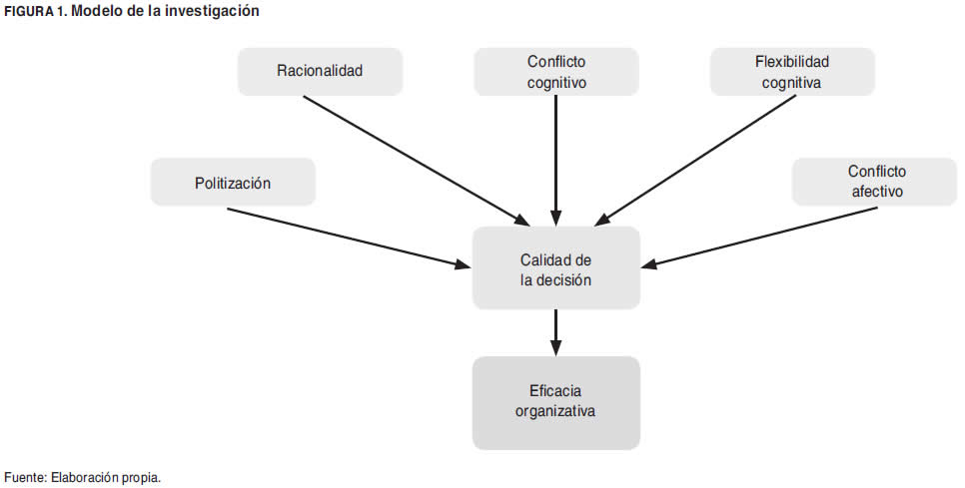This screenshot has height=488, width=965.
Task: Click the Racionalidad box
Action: click(x=320, y=72)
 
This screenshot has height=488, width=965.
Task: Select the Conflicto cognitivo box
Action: click(x=555, y=72)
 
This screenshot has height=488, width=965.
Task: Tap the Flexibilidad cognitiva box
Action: click(x=791, y=72)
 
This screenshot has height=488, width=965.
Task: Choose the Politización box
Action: click(x=232, y=184)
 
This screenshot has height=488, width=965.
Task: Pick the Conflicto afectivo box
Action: click(x=877, y=182)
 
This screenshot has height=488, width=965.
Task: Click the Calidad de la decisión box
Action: click(x=555, y=269)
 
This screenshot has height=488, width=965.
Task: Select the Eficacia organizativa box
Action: click(x=555, y=400)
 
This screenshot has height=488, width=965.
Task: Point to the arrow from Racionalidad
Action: click(x=415, y=160)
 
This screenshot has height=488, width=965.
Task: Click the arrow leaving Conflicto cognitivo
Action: click(x=555, y=160)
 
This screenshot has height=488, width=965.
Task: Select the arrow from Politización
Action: click(x=350, y=239)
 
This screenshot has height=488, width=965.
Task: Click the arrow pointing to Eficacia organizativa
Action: click(x=555, y=331)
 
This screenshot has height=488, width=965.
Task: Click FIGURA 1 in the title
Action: click(x=36, y=10)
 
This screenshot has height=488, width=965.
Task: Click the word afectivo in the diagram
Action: click(x=877, y=191)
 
